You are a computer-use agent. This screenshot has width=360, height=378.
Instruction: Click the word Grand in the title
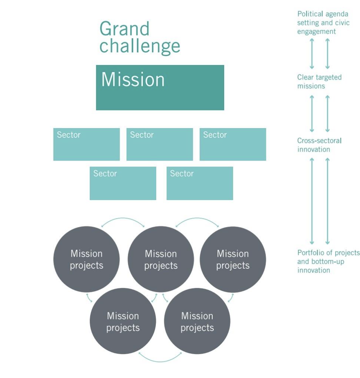(124, 29)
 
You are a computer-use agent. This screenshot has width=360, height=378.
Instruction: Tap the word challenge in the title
(140, 47)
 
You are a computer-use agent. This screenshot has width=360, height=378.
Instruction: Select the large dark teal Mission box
(160, 87)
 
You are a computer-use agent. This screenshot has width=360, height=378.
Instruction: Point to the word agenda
(337, 14)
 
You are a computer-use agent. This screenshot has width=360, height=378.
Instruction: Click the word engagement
(316, 32)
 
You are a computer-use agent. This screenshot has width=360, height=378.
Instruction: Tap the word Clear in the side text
(305, 77)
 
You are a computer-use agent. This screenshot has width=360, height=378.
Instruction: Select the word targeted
(328, 77)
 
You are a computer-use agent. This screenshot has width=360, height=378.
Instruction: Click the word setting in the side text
(307, 23)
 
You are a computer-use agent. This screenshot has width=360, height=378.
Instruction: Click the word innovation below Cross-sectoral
(313, 150)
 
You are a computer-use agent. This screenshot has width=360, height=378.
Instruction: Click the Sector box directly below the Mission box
(160, 144)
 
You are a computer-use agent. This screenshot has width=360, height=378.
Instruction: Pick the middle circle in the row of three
(161, 260)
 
